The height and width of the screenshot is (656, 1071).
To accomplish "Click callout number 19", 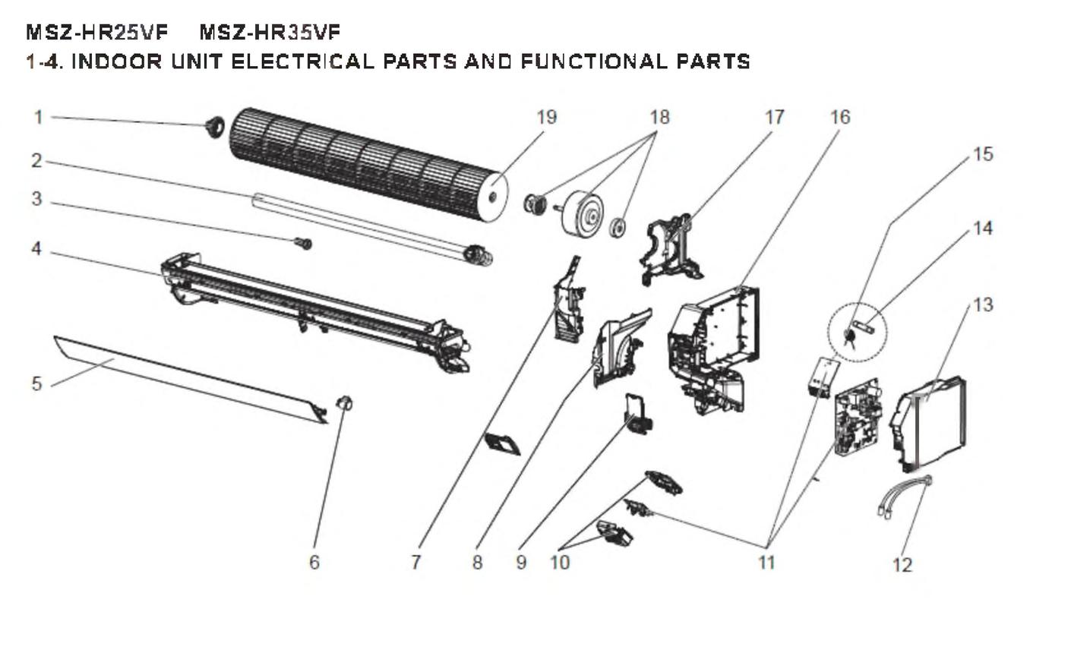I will click(546, 117).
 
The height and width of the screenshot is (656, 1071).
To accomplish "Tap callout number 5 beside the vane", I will click(36, 383).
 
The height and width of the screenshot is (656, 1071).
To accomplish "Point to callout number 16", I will click(839, 117).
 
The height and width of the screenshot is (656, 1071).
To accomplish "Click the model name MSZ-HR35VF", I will click(270, 32).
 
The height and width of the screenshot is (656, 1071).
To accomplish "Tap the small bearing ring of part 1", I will click(215, 127).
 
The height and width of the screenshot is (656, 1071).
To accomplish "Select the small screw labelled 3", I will click(304, 243).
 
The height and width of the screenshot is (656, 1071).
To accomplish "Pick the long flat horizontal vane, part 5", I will click(190, 376).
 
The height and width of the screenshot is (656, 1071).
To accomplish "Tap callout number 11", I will click(767, 562).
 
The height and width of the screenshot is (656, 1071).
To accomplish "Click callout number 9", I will click(521, 562).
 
